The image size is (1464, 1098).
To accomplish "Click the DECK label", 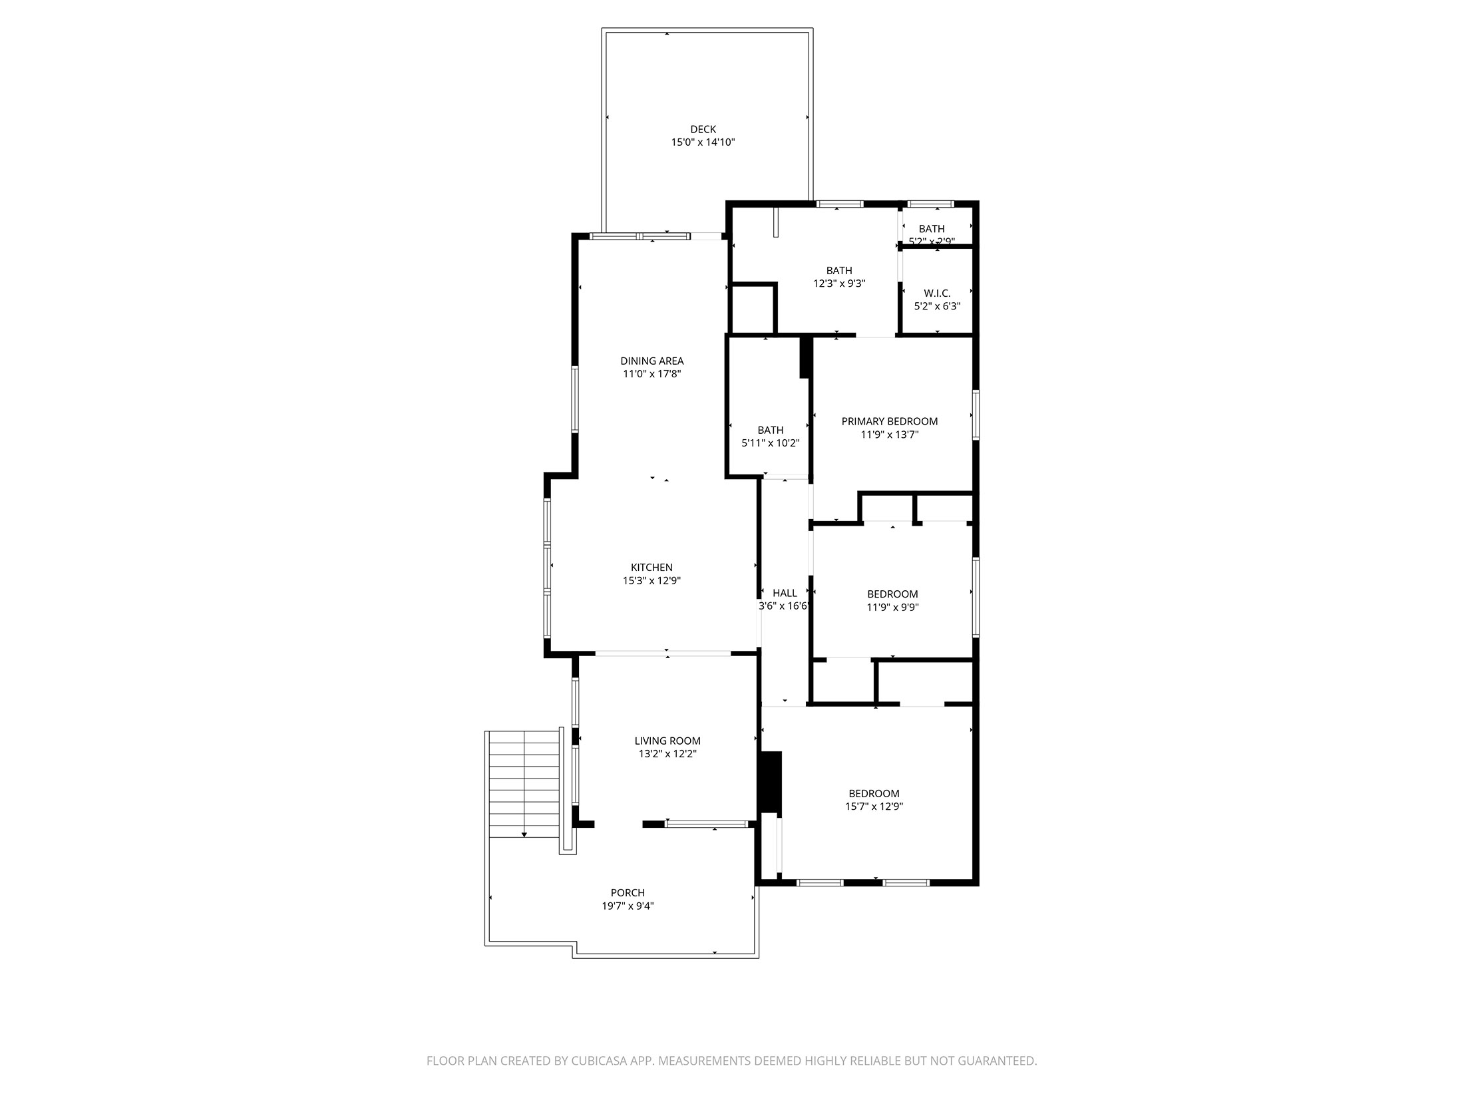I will pyautogui.click(x=703, y=129).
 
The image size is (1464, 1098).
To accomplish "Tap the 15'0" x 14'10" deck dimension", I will pyautogui.click(x=703, y=142).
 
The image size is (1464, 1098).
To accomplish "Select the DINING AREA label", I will pyautogui.click(x=651, y=361).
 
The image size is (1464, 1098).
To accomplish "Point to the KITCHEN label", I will pyautogui.click(x=651, y=568).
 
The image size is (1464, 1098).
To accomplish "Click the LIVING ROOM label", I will pyautogui.click(x=667, y=741).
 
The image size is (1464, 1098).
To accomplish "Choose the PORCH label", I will pyautogui.click(x=628, y=893).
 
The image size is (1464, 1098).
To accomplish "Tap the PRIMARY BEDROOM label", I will pyautogui.click(x=889, y=421).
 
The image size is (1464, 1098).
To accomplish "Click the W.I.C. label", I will pyautogui.click(x=937, y=293).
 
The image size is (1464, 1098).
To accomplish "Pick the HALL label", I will pyautogui.click(x=785, y=593).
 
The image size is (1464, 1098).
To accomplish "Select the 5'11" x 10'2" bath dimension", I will pyautogui.click(x=770, y=443).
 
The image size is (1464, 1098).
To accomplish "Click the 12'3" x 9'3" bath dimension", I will pyautogui.click(x=839, y=283).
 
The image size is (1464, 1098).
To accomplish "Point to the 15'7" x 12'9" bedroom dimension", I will pyautogui.click(x=874, y=807).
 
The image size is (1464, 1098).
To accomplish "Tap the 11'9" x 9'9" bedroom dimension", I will pyautogui.click(x=892, y=607).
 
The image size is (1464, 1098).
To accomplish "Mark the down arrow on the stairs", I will pyautogui.click(x=524, y=834).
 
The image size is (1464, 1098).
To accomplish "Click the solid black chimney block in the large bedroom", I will pyautogui.click(x=771, y=782).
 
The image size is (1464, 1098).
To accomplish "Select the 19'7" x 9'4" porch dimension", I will pyautogui.click(x=628, y=906).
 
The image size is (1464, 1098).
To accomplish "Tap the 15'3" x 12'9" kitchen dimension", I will pyautogui.click(x=651, y=581).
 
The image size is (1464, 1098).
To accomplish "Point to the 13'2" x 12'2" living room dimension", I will pyautogui.click(x=667, y=754).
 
